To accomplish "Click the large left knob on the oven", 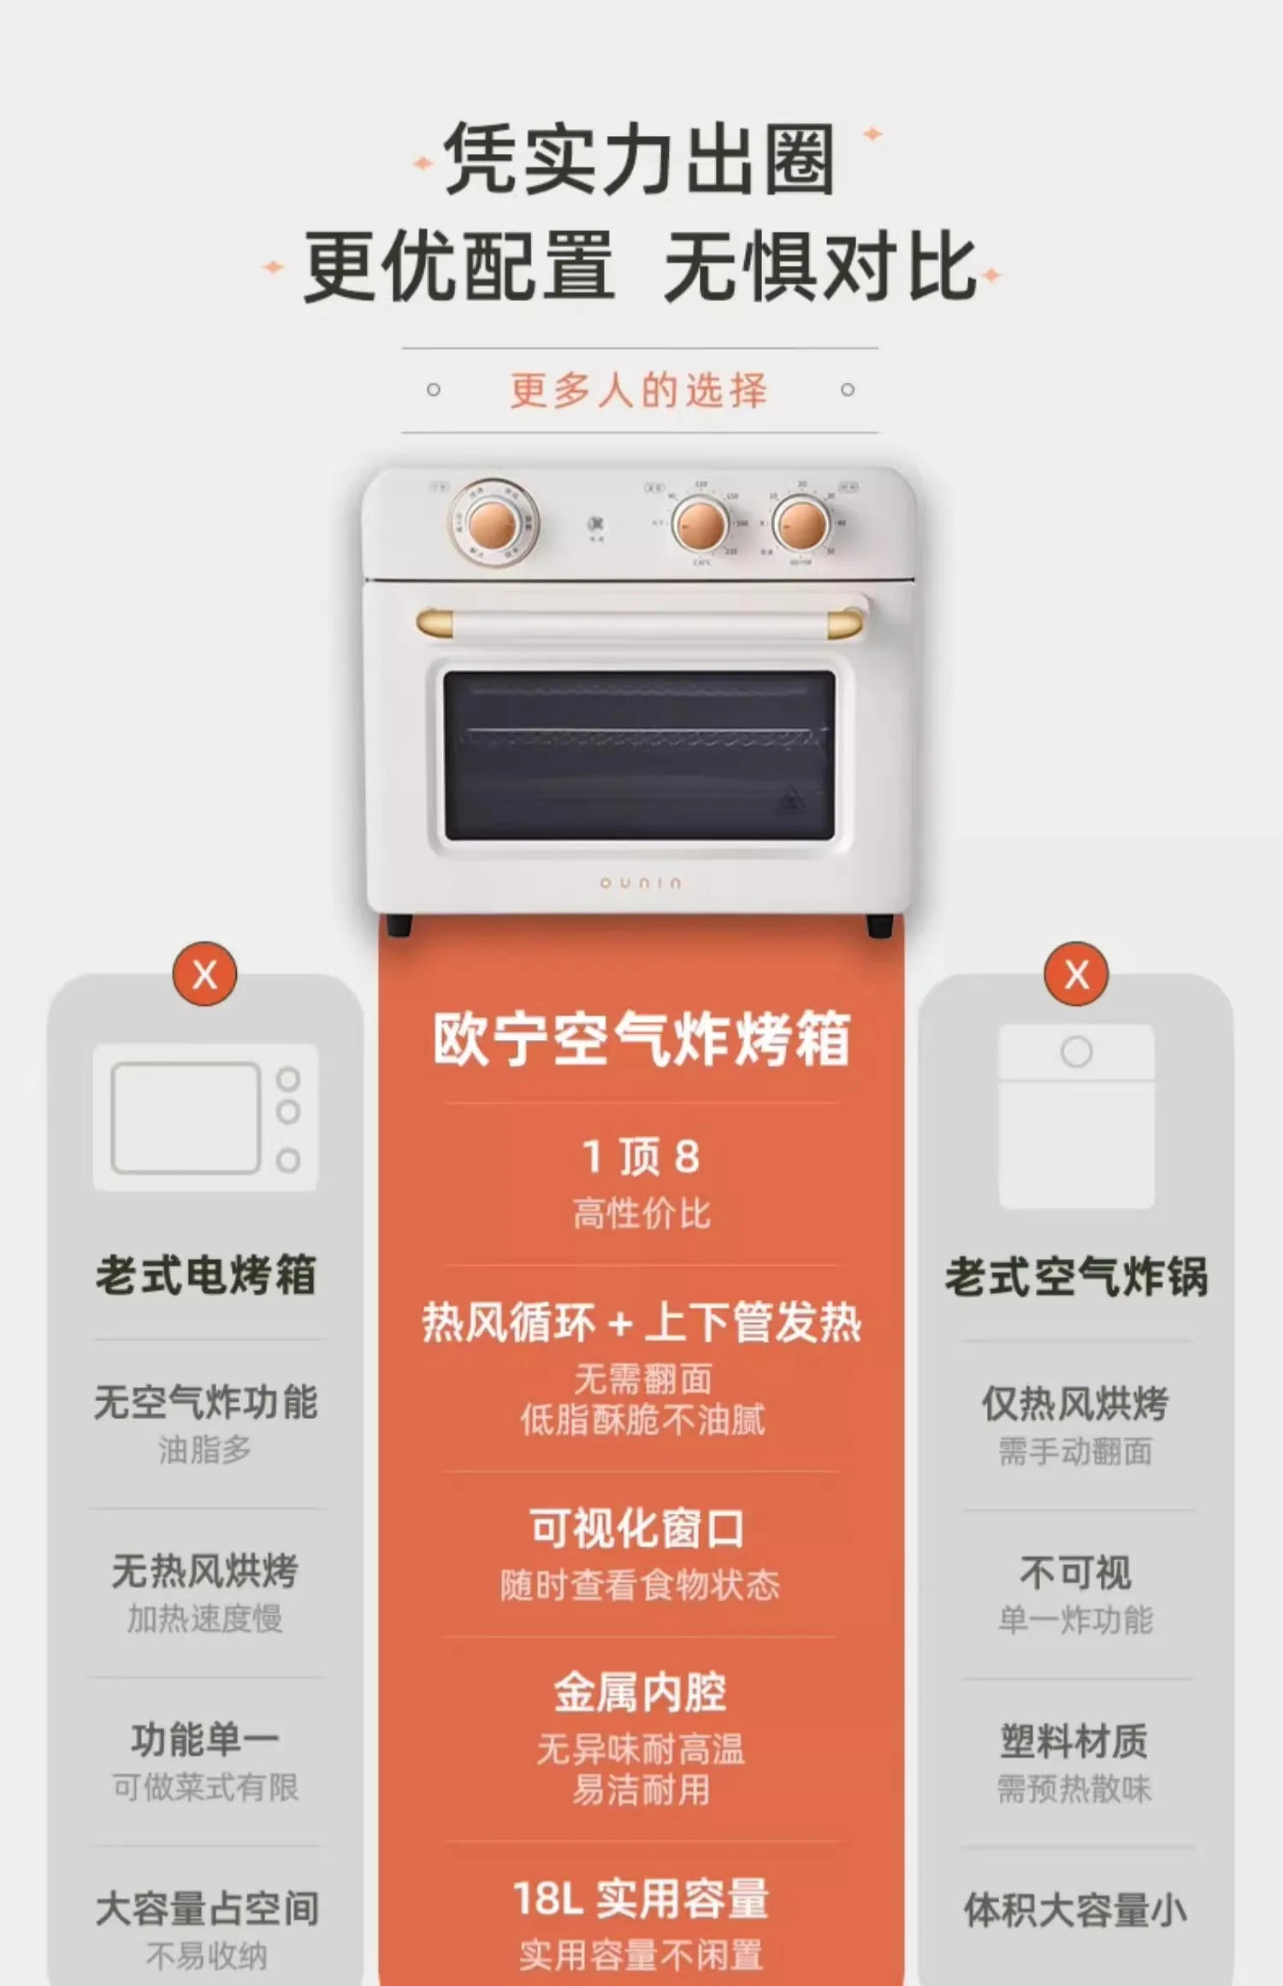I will [494, 521].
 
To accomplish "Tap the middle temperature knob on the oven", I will [701, 523].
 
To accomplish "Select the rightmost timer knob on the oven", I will [801, 523].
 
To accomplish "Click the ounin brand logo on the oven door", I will [641, 882].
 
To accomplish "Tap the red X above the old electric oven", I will [204, 974].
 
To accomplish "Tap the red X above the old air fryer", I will [1076, 974].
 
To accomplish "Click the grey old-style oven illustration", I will [205, 1117].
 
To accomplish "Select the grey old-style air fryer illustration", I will [1076, 1116].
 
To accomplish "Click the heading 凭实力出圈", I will [639, 159].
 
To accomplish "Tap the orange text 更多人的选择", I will [639, 390].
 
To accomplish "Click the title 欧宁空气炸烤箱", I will [641, 1039].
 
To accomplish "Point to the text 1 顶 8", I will [641, 1156].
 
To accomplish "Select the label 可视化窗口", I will [637, 1528].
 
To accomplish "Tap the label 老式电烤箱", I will [205, 1274].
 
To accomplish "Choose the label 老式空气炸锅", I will [1076, 1276].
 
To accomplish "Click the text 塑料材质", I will [1074, 1741].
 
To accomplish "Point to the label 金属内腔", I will [640, 1693].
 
